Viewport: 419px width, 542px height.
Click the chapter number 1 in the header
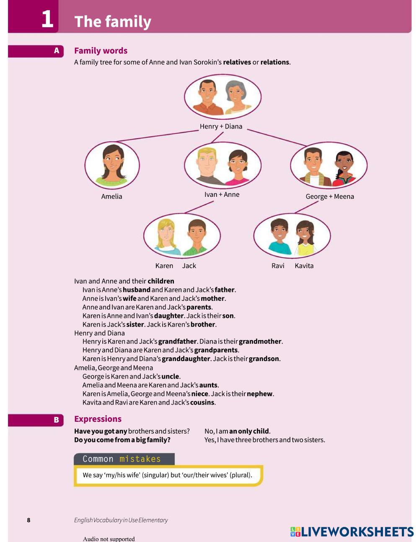[x=47, y=19]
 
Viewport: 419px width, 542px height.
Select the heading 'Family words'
[x=101, y=51]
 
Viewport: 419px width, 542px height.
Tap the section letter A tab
[x=57, y=51]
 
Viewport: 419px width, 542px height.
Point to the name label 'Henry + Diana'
[x=221, y=126]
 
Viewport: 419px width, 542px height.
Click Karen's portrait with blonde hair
[x=166, y=235]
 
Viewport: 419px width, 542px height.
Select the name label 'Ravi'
[x=278, y=266]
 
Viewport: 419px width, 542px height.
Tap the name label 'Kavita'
[x=304, y=266]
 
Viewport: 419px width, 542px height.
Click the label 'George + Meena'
[x=330, y=196]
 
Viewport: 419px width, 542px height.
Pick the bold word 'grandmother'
[x=260, y=341]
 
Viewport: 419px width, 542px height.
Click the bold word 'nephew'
[x=260, y=394]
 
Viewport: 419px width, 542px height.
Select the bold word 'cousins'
[x=202, y=403]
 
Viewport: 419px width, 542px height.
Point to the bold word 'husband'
[x=137, y=290]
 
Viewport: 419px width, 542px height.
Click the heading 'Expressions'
[x=98, y=419]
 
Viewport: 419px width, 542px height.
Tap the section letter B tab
[x=56, y=420]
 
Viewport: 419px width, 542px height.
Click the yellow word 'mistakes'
[x=140, y=459]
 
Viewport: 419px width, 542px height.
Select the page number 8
[x=28, y=520]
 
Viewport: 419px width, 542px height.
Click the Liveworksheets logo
[x=352, y=532]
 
